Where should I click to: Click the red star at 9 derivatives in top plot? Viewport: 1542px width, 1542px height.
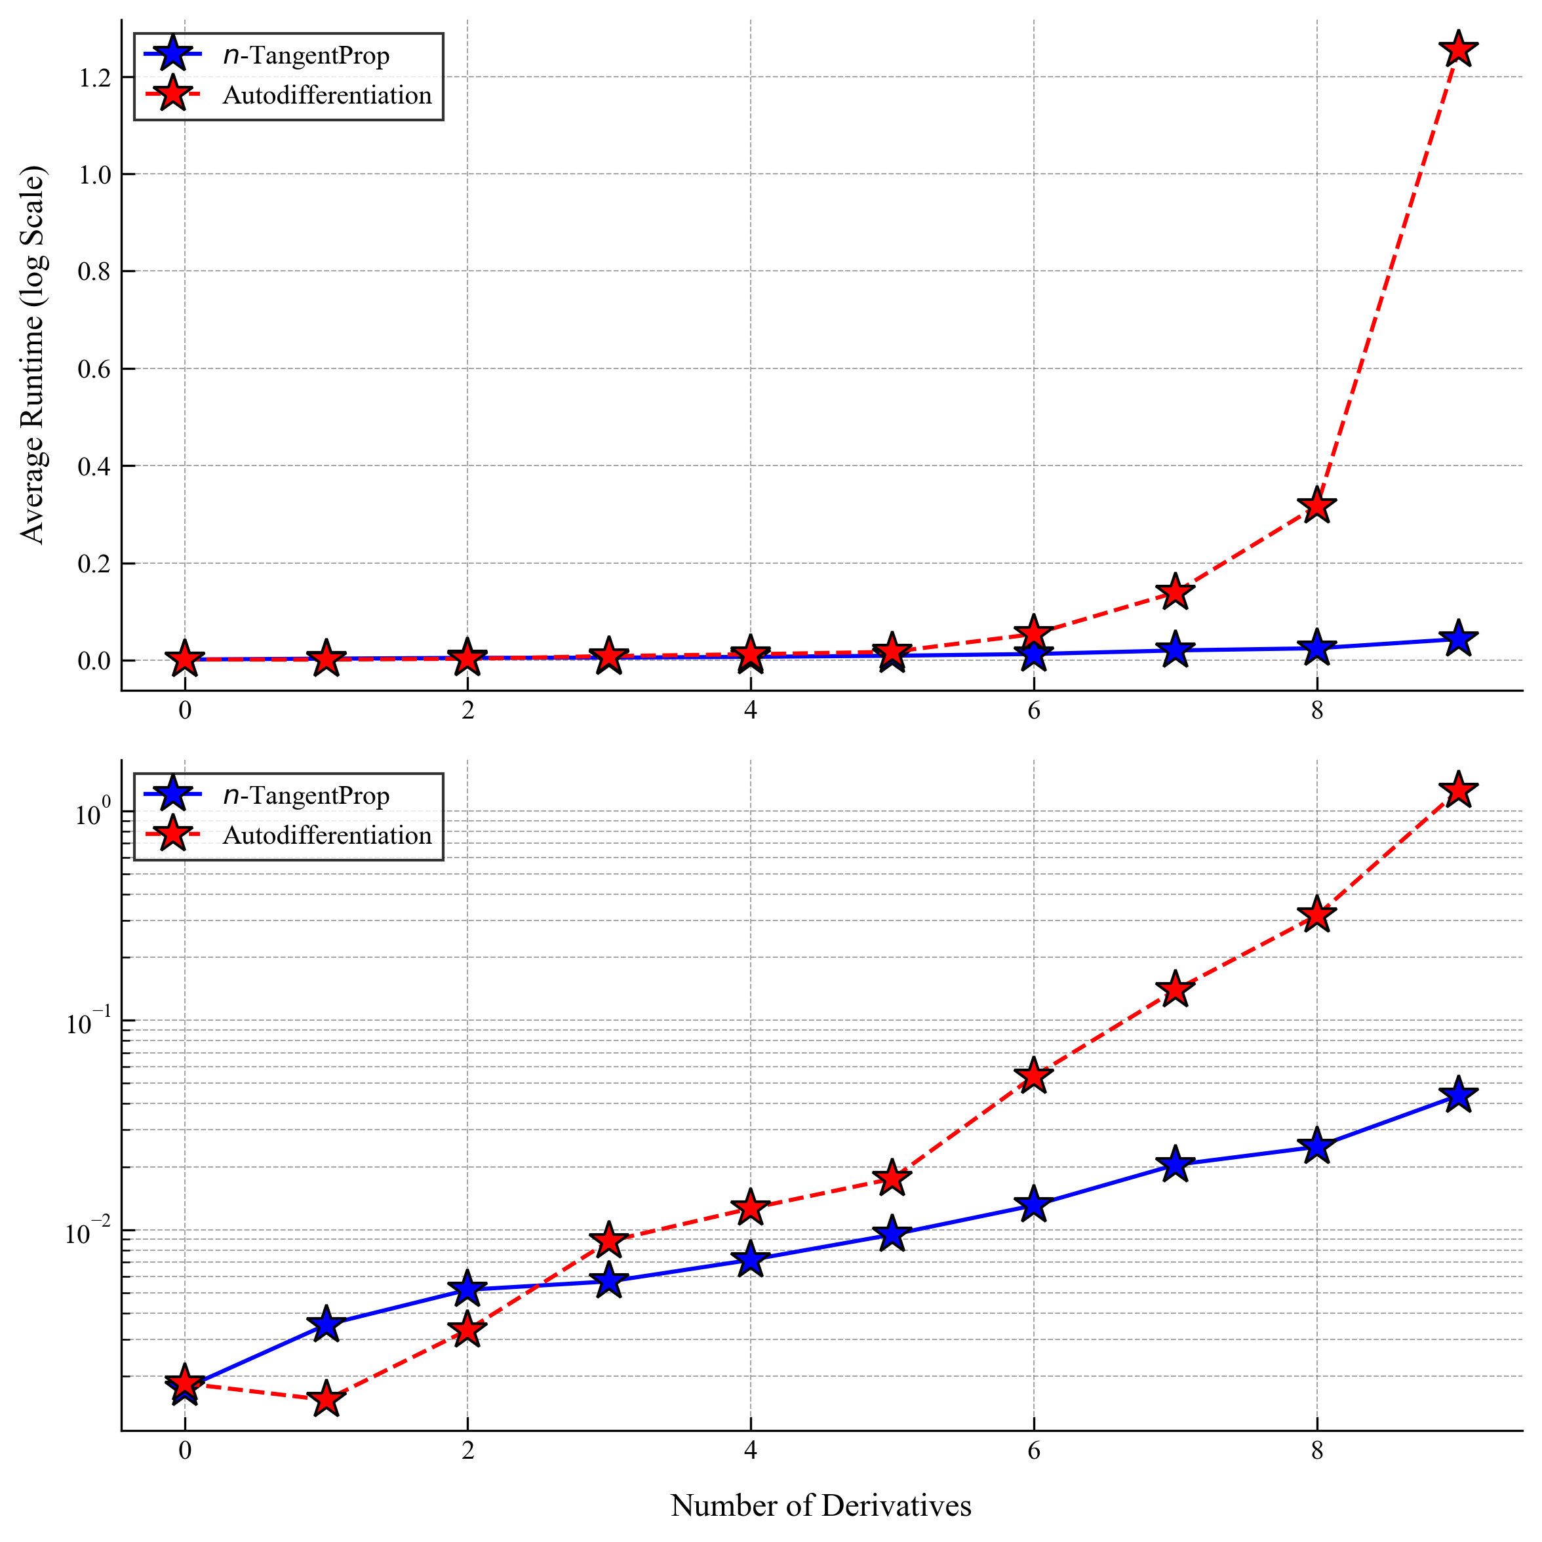[1458, 49]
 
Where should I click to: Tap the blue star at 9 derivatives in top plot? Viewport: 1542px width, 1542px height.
[1458, 639]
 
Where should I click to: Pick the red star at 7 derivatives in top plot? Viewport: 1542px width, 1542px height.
[1175, 591]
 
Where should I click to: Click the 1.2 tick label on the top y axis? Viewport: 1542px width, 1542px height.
[94, 77]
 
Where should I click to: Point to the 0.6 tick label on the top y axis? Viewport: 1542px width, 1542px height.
[94, 368]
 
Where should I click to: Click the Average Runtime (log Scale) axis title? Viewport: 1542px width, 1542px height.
[33, 355]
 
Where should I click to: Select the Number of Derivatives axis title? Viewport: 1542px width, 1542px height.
[820, 1505]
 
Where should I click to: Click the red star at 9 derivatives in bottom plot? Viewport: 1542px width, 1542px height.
[1458, 790]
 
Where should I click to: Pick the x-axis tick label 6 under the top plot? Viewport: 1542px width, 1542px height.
[1034, 710]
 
